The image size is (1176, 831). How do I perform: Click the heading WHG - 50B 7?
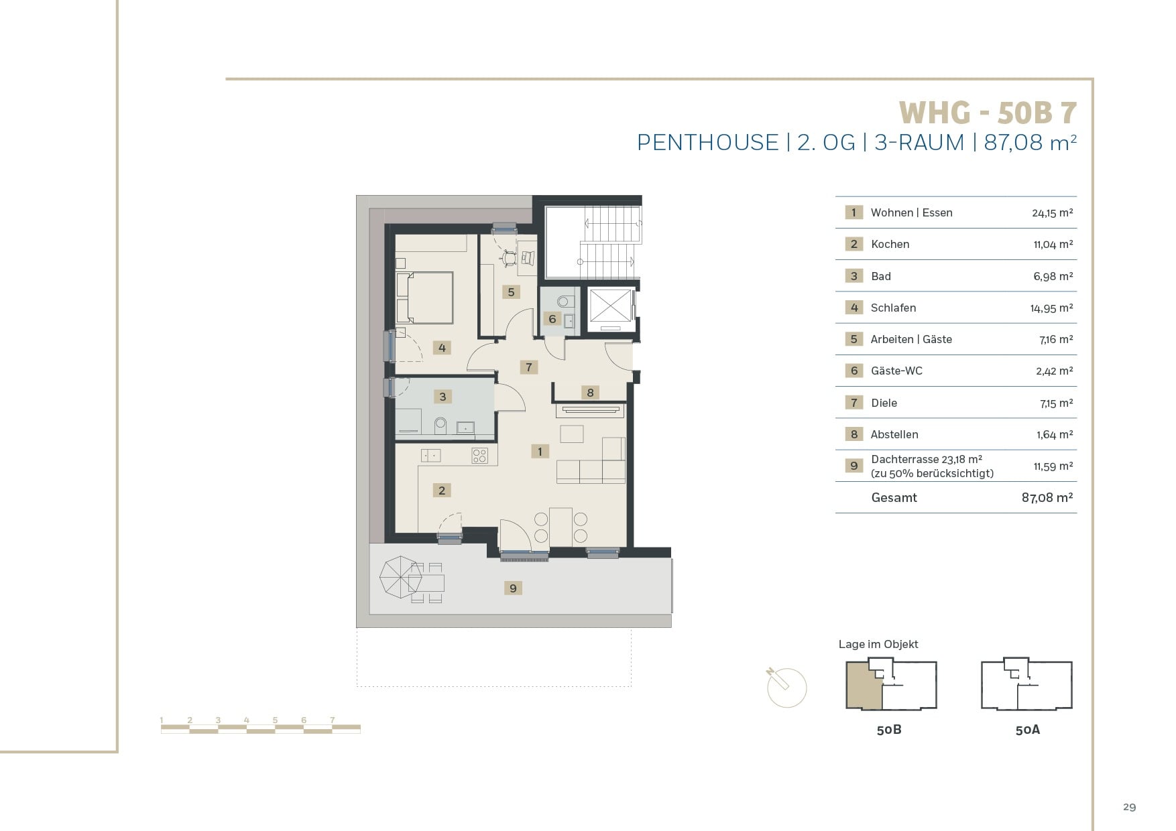click(988, 113)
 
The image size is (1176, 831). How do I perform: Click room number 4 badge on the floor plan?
click(442, 347)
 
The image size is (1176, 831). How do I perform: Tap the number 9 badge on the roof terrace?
click(513, 588)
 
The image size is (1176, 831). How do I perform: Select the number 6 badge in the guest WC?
click(552, 318)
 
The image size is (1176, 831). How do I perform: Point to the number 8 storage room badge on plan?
click(590, 393)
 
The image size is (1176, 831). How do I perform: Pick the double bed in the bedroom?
click(424, 298)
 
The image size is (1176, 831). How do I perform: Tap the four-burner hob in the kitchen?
click(479, 456)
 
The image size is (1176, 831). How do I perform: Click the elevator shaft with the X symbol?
click(611, 310)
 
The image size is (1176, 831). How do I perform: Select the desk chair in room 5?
click(510, 257)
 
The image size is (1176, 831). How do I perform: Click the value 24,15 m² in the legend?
click(1053, 213)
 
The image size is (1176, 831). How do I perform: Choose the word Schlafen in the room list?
click(893, 308)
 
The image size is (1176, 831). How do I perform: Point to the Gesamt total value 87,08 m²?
click(1047, 497)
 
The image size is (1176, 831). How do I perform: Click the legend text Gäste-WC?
click(896, 371)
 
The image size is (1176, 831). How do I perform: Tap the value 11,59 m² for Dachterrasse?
click(1053, 466)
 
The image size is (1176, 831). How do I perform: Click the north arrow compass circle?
click(787, 688)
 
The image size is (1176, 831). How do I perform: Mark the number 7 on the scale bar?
click(333, 720)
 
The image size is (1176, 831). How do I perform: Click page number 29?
click(1130, 807)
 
